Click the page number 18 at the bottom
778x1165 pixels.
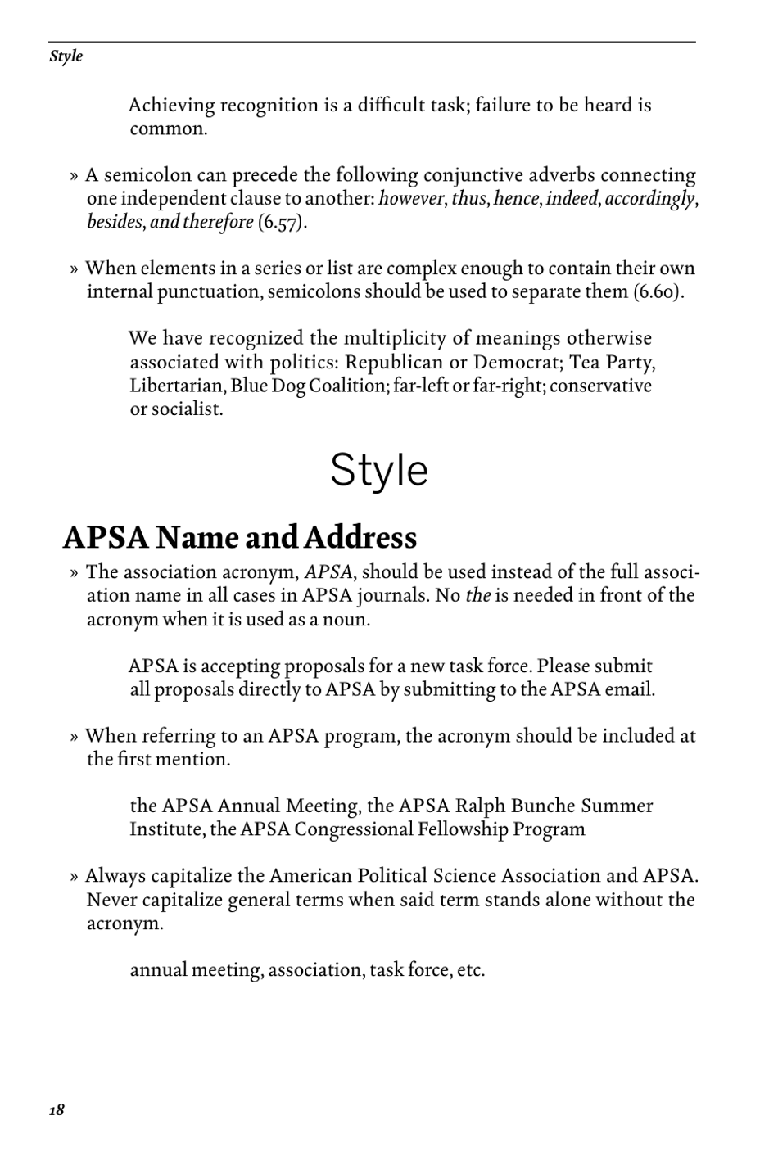coord(57,1110)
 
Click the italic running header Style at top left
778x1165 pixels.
coord(66,56)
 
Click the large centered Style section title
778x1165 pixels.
coord(379,471)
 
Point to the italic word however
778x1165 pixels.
coord(410,199)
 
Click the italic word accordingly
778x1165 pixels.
coord(650,199)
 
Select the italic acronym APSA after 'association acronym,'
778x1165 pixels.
coord(328,572)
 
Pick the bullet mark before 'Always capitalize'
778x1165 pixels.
coord(74,877)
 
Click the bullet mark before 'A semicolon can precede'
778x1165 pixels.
coord(74,176)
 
